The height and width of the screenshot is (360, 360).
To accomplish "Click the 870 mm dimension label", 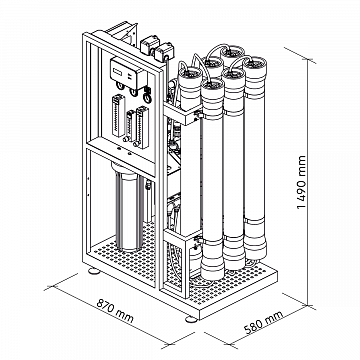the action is click(115, 311).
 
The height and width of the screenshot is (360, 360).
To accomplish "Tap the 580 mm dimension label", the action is click(264, 322).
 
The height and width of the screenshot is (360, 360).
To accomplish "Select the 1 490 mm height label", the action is click(301, 182).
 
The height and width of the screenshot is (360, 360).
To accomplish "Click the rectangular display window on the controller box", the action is click(118, 71).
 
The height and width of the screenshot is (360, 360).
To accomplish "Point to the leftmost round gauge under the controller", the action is click(120, 86).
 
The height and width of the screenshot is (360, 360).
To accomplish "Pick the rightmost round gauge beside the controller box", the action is click(147, 97).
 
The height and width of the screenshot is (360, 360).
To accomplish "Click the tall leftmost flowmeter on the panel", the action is click(118, 115).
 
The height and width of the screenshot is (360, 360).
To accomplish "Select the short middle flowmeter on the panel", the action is click(129, 124).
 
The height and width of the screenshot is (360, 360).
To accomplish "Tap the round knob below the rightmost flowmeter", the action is click(136, 144).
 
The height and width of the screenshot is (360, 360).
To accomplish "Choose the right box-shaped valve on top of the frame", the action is click(164, 51).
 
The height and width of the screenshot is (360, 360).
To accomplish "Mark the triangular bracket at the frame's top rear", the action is click(122, 33).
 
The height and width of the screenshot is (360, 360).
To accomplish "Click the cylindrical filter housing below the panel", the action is click(128, 207).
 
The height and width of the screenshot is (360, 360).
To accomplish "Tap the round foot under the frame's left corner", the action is click(94, 271).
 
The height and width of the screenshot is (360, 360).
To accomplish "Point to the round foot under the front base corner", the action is click(191, 319).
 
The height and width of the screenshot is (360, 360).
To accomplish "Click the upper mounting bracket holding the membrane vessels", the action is click(183, 114).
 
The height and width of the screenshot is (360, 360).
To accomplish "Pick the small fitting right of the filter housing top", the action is click(148, 185).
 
